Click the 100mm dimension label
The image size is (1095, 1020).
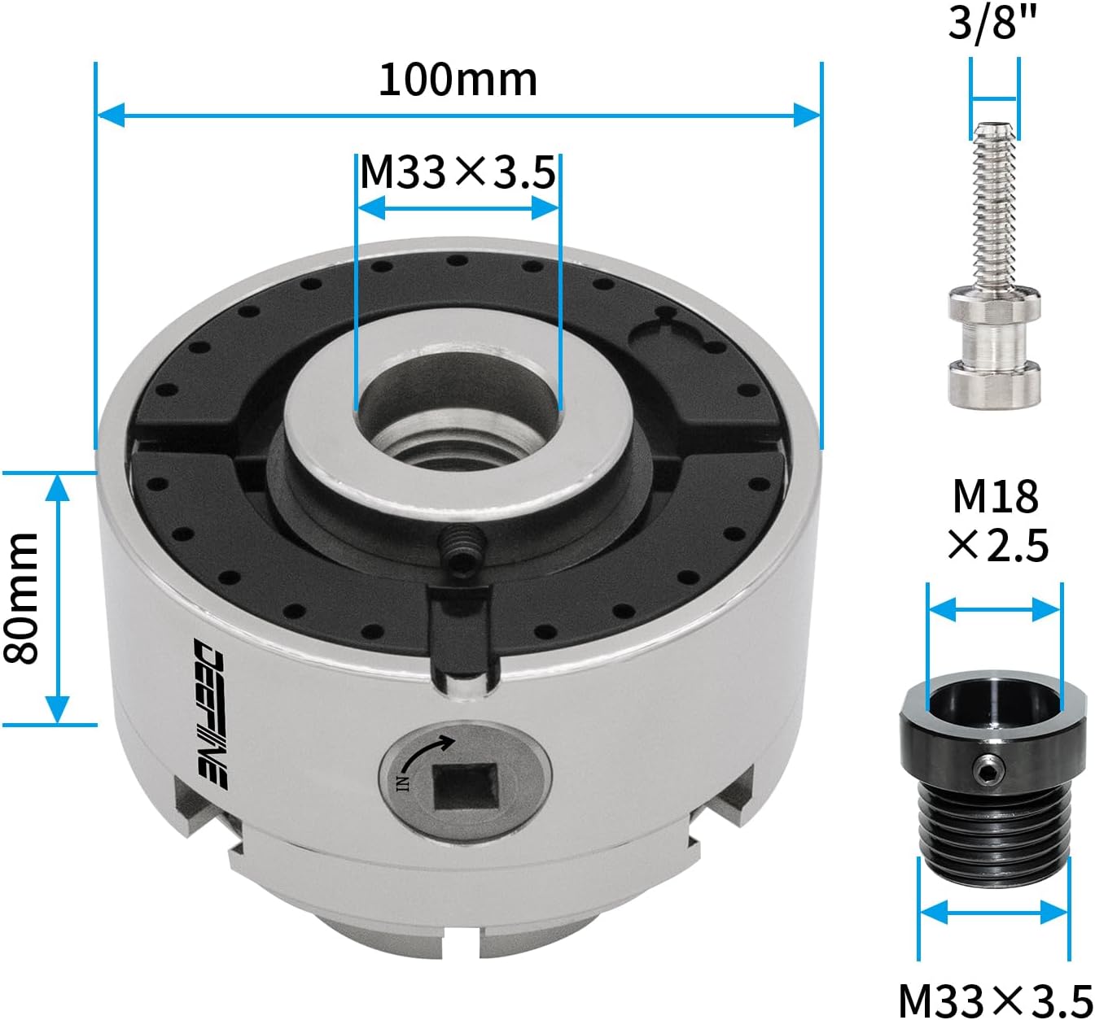[458, 81]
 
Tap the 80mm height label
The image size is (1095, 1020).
[21, 598]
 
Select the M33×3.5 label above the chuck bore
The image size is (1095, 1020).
[458, 172]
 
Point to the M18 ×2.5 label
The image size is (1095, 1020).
[997, 521]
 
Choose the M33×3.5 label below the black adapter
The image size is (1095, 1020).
[996, 1000]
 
